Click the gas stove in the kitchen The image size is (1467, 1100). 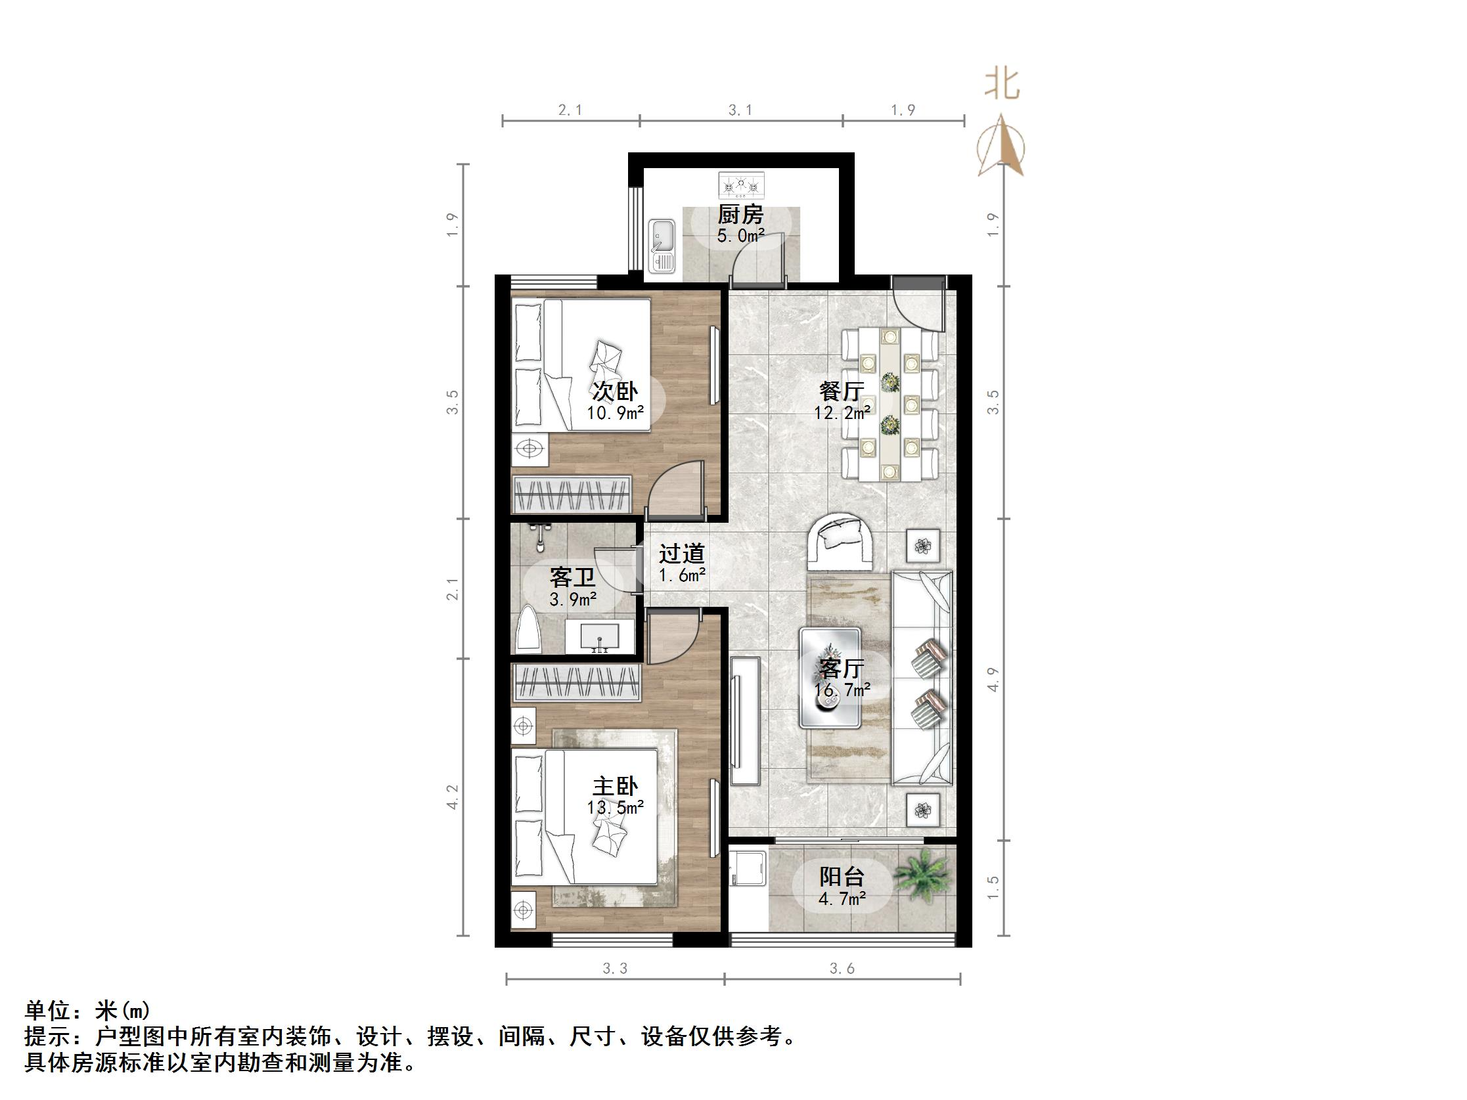742,185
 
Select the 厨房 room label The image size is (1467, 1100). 741,215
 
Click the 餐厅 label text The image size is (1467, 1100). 842,391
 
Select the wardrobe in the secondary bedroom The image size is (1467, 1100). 571,494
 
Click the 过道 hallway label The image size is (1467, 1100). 682,554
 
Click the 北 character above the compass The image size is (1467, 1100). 1001,85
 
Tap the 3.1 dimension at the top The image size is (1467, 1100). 740,110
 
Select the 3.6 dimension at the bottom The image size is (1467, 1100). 842,969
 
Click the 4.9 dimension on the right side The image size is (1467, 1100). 993,679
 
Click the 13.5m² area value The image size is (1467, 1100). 615,808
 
